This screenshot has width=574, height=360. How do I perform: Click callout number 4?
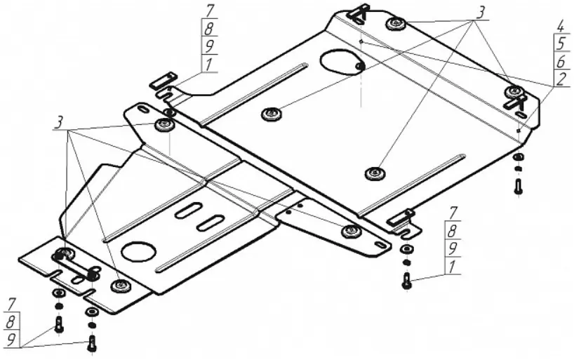pos(560,27)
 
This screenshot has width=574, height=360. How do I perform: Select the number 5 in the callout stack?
pos(560,44)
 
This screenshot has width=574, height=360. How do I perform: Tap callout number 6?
pos(560,61)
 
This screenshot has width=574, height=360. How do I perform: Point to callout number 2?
pos(560,78)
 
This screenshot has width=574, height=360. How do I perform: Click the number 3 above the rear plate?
pos(481,13)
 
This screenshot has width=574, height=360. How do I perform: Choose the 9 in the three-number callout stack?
pos(11,338)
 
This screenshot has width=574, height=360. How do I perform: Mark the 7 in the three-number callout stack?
pos(11,305)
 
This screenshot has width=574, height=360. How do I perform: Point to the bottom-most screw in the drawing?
pos(93,344)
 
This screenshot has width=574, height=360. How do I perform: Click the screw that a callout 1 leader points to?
pos(406,281)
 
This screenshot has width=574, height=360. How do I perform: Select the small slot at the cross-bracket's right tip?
pos(380,244)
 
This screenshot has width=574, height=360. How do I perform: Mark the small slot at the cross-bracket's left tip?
pos(142,110)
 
